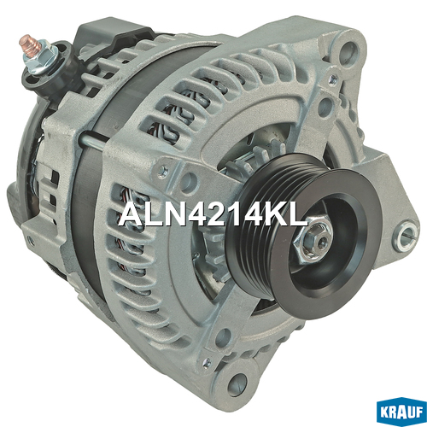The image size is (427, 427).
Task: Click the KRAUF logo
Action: point(401,413)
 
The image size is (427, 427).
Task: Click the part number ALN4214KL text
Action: point(213,215)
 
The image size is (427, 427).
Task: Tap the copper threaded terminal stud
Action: point(30,44)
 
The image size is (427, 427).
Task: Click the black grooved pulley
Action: point(303,236)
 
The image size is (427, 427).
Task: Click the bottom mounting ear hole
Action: point(237,384)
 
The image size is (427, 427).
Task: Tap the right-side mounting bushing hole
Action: point(407,237)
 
